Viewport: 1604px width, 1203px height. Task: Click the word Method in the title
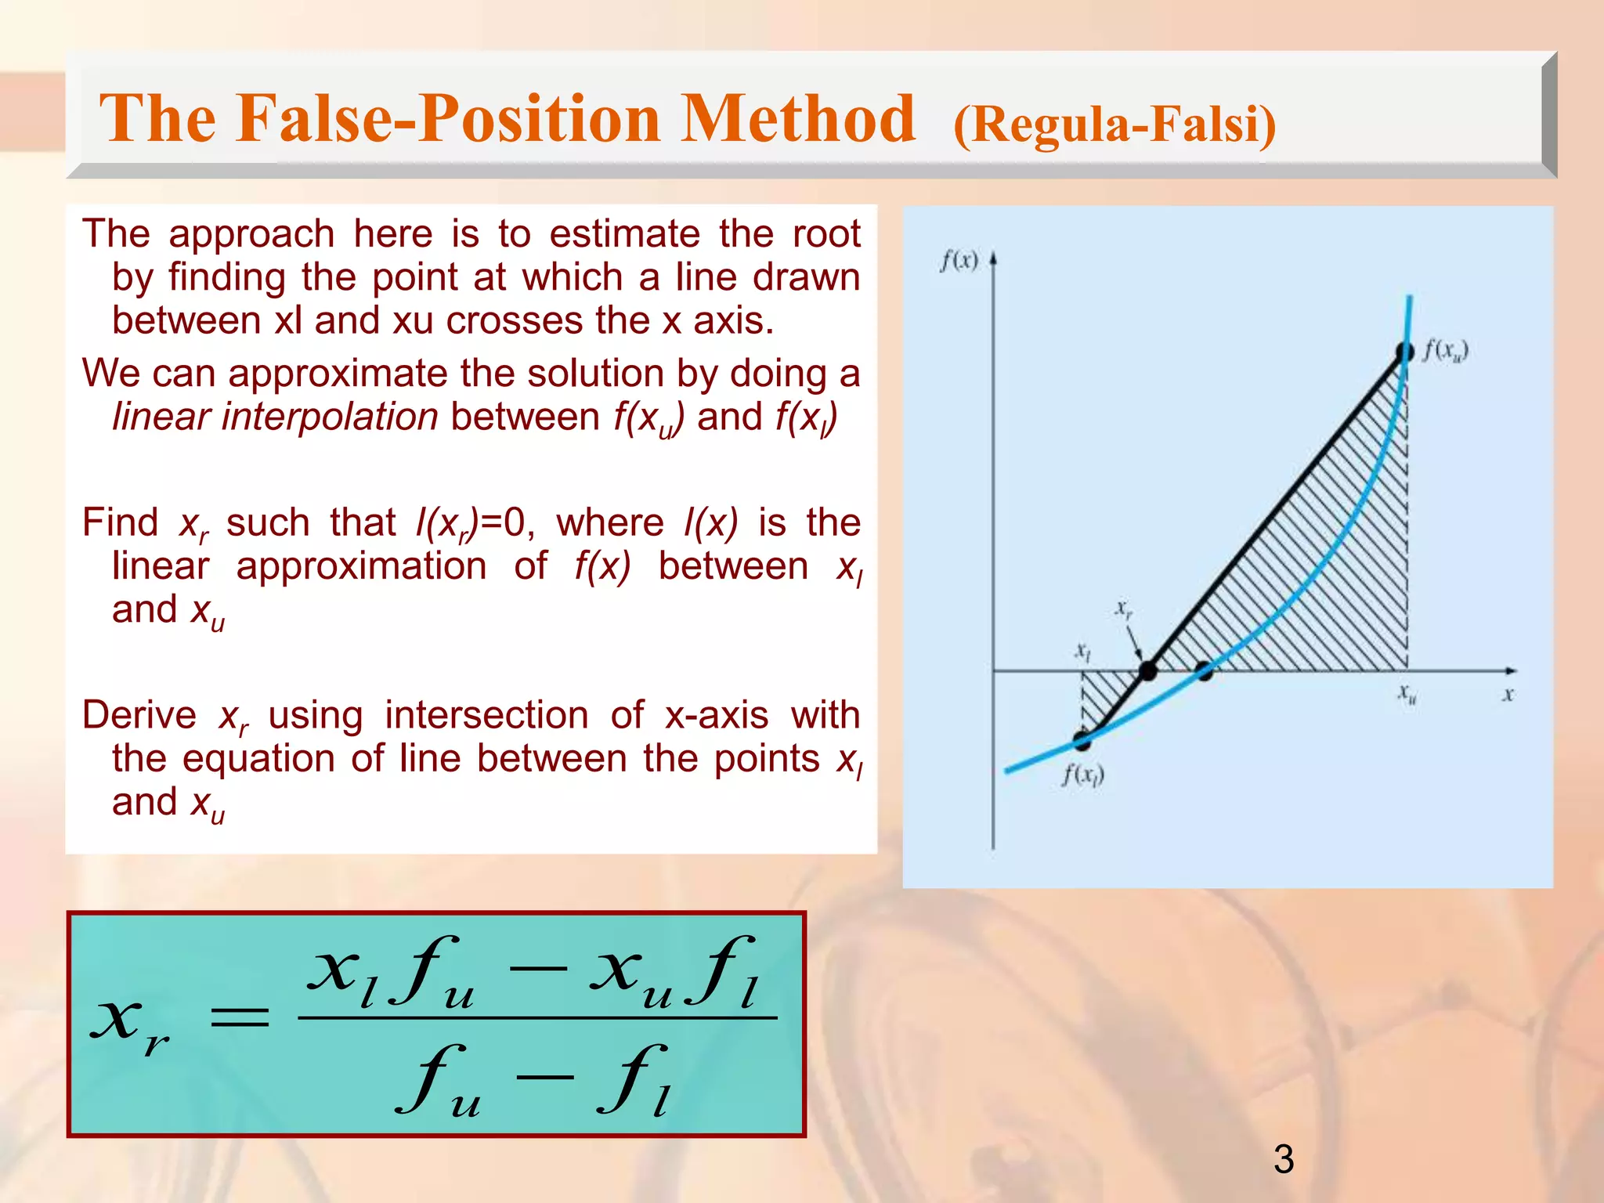click(798, 119)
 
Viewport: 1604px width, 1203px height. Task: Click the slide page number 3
click(1284, 1159)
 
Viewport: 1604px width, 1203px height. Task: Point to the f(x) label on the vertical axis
click(959, 261)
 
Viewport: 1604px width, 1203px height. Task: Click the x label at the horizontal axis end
click(1508, 695)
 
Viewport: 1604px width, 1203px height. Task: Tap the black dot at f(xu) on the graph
click(1405, 352)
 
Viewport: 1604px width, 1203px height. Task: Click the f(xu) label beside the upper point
click(1446, 350)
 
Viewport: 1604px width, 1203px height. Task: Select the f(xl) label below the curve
click(1083, 775)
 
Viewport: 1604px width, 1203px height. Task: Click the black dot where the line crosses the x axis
click(1147, 671)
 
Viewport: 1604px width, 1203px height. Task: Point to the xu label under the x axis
click(1407, 694)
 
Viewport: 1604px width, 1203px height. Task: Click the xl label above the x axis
click(1082, 652)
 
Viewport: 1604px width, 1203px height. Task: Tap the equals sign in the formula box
click(240, 1017)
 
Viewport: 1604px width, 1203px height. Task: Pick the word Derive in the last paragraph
click(139, 715)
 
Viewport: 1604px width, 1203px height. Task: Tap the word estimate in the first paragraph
click(624, 234)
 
